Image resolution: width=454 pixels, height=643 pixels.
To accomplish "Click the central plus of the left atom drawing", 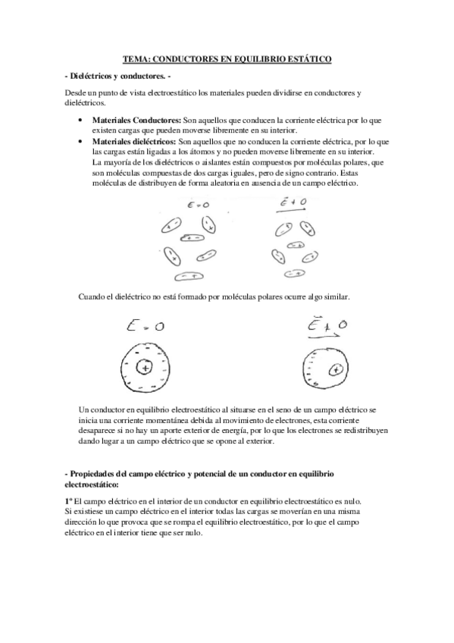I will point(143,368).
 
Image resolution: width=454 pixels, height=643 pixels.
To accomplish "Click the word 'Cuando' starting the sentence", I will point(92,296).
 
